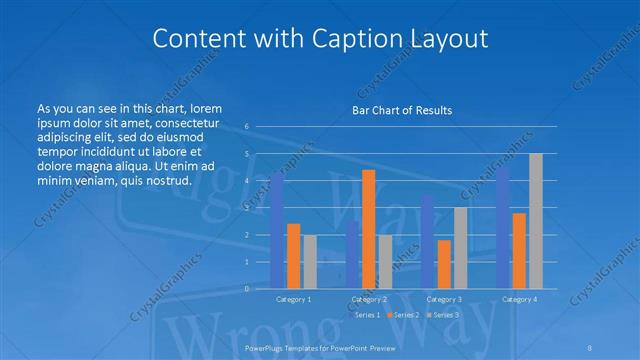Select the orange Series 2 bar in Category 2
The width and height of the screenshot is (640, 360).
368,229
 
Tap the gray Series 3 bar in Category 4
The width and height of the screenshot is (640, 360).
535,221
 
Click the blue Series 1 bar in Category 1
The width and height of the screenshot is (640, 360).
277,230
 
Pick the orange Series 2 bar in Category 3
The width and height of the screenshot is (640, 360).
444,264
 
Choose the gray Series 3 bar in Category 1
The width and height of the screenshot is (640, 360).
310,261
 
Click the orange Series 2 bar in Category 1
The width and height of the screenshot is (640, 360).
293,256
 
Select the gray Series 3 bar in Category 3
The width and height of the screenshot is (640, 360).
460,248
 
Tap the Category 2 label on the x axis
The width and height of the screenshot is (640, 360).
369,299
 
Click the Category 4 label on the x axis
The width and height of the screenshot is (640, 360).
519,299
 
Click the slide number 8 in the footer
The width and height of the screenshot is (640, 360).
590,346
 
